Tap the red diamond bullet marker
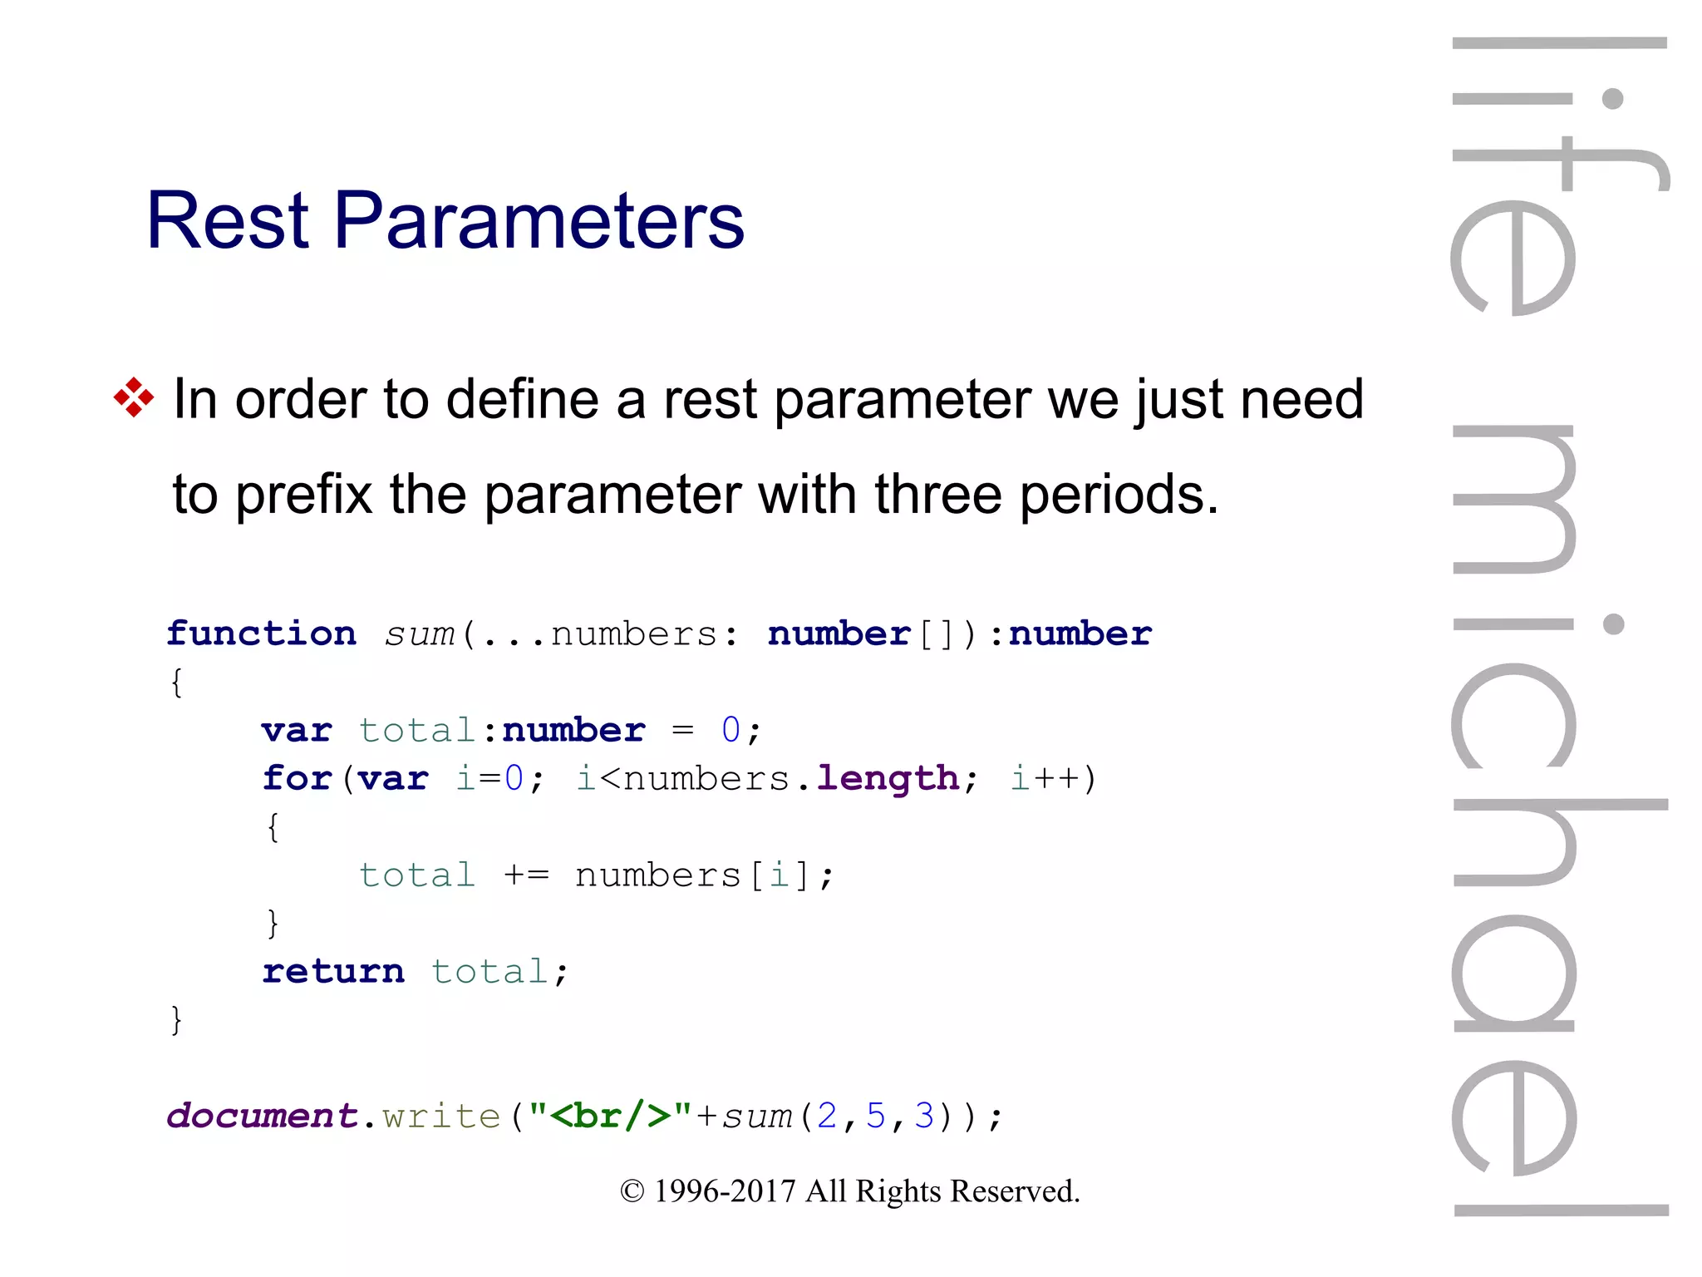coord(134,397)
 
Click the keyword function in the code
coord(261,634)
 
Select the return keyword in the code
coord(333,972)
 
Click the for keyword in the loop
coord(297,779)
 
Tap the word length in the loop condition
coord(888,779)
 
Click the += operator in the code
coord(526,875)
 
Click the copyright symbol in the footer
coord(632,1191)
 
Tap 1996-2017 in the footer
coord(725,1191)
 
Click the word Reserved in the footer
coord(1015,1191)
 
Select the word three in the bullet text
coord(937,495)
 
